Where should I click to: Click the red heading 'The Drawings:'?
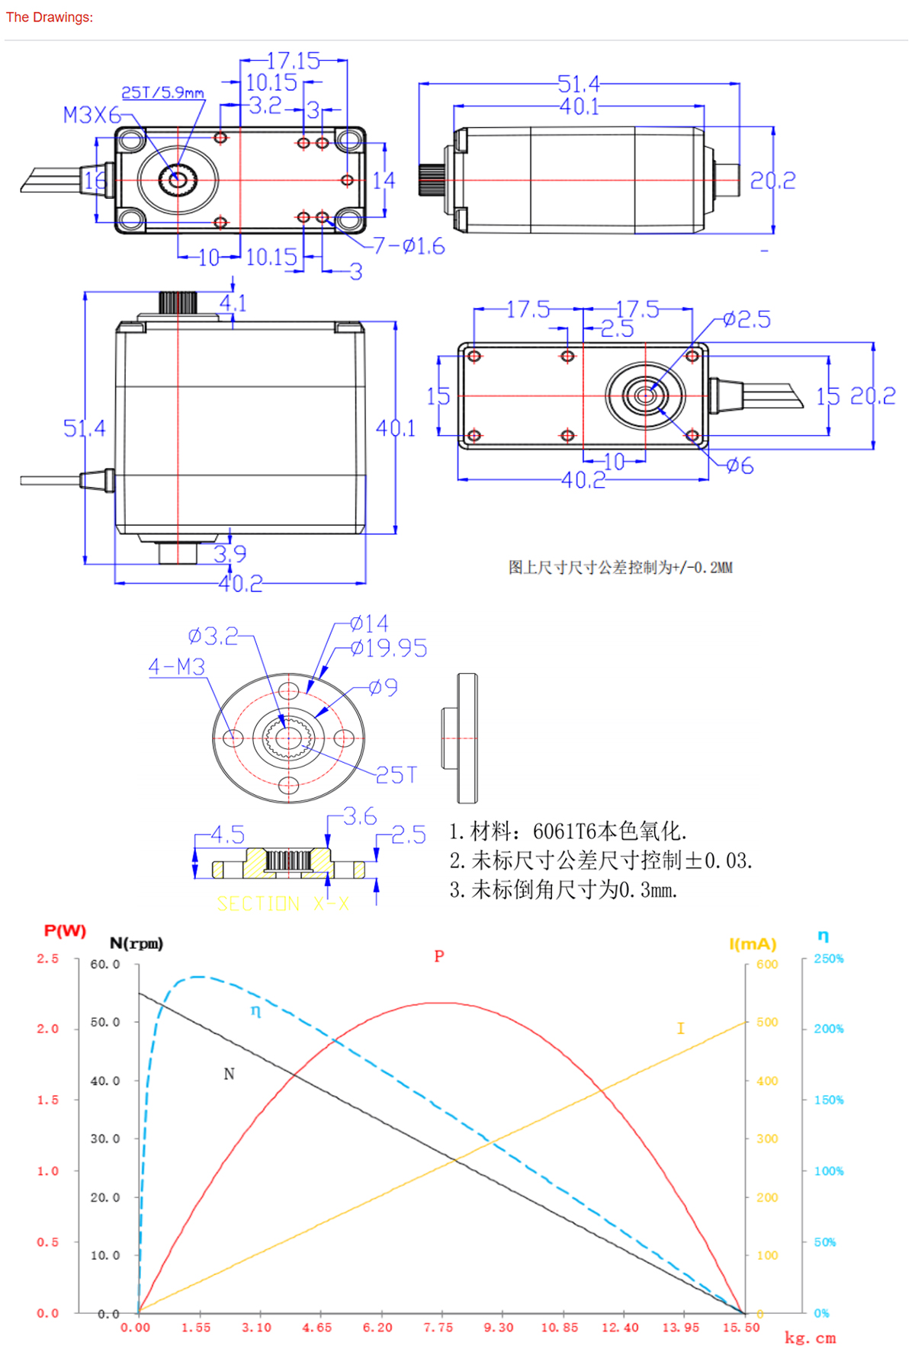[x=50, y=17]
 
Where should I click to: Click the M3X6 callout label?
[x=91, y=115]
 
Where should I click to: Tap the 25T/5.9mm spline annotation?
[x=162, y=92]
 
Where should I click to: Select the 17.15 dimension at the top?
[x=294, y=61]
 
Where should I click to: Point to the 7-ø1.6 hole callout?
[x=408, y=246]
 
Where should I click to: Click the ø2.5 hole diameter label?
[x=746, y=319]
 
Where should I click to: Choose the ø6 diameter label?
[x=739, y=466]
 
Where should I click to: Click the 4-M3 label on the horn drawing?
[x=177, y=667]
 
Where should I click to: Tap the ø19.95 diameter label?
[x=388, y=649]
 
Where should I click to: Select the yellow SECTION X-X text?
[x=283, y=904]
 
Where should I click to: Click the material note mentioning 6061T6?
[x=567, y=831]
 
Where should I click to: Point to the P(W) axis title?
[x=65, y=931]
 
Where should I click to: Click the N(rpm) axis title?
[x=136, y=943]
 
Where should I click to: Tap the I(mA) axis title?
[x=753, y=944]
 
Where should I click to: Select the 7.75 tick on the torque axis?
[x=438, y=1328]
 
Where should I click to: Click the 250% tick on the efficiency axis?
[x=828, y=959]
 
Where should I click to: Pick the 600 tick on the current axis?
[x=766, y=964]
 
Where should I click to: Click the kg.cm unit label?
[x=810, y=1338]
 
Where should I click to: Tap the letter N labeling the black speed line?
[x=229, y=1074]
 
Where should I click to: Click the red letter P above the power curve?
[x=438, y=956]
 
